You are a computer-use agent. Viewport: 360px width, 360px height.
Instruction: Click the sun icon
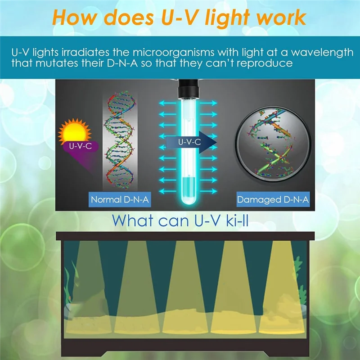tap(75, 131)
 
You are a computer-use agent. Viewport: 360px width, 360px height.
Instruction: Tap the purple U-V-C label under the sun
tap(81, 146)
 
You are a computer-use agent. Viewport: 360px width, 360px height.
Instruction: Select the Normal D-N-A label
tap(120, 199)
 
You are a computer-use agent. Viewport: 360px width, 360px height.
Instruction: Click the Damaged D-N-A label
tap(273, 199)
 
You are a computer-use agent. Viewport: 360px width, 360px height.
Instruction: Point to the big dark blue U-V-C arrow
tap(191, 142)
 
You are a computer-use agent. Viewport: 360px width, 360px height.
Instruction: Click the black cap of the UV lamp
tap(189, 88)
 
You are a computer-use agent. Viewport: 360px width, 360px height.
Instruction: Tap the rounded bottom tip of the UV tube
tap(189, 202)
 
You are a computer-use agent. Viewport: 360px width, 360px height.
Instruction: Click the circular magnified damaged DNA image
tap(273, 144)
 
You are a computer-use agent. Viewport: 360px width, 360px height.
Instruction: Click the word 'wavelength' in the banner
tap(322, 53)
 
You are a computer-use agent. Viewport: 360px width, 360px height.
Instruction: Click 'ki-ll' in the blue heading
tap(237, 220)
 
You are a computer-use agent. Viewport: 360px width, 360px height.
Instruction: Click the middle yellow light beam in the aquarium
tap(185, 287)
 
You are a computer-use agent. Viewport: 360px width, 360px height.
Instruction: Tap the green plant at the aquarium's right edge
tap(300, 280)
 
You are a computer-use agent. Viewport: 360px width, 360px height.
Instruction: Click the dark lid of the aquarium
tap(185, 236)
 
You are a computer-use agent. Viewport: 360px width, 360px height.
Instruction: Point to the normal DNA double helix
tap(120, 140)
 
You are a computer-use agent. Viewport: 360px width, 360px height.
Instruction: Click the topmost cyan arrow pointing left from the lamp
tap(167, 103)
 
